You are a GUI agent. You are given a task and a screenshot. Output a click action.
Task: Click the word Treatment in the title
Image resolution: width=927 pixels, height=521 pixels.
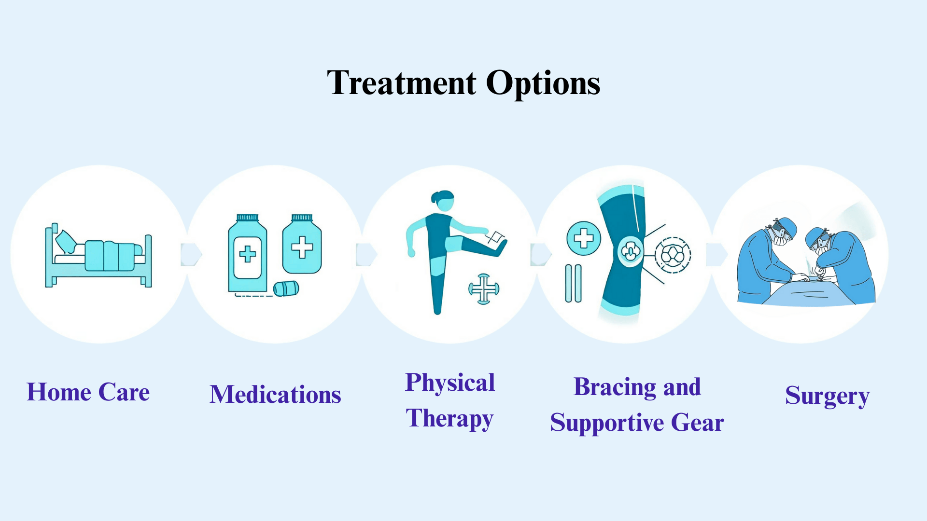[401, 83]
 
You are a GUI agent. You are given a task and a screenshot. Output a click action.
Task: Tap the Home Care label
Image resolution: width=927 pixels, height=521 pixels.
[88, 392]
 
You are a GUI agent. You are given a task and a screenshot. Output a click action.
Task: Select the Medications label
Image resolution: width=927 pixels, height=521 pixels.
[275, 395]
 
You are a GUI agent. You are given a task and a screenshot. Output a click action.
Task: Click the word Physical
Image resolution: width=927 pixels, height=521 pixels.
[450, 383]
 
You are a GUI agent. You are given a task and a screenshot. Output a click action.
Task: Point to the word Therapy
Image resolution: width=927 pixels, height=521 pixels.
[449, 418]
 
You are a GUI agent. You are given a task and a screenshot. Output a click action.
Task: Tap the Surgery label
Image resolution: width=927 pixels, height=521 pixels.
[827, 396]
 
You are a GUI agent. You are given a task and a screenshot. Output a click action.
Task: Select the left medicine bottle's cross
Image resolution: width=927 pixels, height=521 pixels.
[248, 254]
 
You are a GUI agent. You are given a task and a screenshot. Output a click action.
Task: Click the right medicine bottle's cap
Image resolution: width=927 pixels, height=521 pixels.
[302, 218]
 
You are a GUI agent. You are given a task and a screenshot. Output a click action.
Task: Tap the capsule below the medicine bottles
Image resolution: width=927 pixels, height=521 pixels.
[286, 288]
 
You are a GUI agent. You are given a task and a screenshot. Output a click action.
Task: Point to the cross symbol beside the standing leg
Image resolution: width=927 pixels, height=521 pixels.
[484, 289]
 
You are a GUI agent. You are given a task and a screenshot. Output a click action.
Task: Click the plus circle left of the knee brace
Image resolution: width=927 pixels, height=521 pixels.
[584, 238]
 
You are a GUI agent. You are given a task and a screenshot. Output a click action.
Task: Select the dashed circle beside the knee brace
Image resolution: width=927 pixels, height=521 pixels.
[673, 255]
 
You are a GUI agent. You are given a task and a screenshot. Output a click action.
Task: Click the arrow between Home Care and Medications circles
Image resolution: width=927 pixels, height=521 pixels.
[191, 254]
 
